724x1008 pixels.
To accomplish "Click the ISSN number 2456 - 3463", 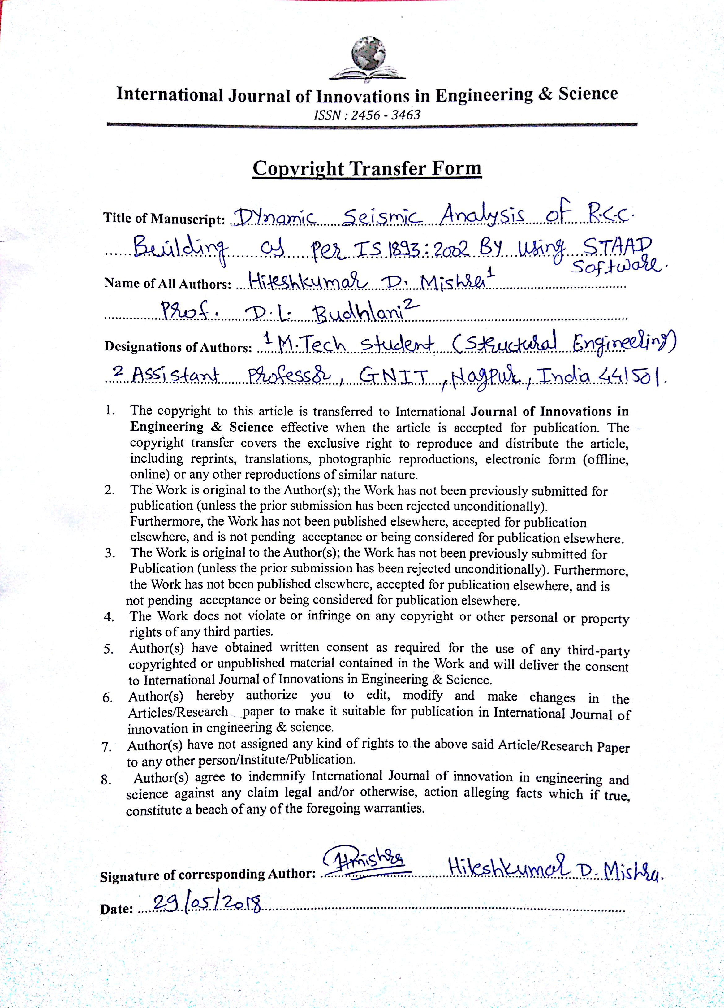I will click(x=367, y=115).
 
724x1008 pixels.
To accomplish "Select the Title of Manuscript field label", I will click(x=164, y=219).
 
